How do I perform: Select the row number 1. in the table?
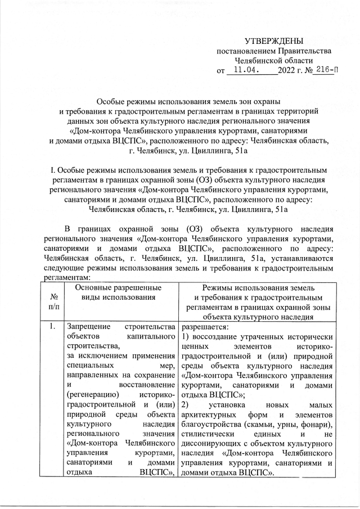click(52, 326)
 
